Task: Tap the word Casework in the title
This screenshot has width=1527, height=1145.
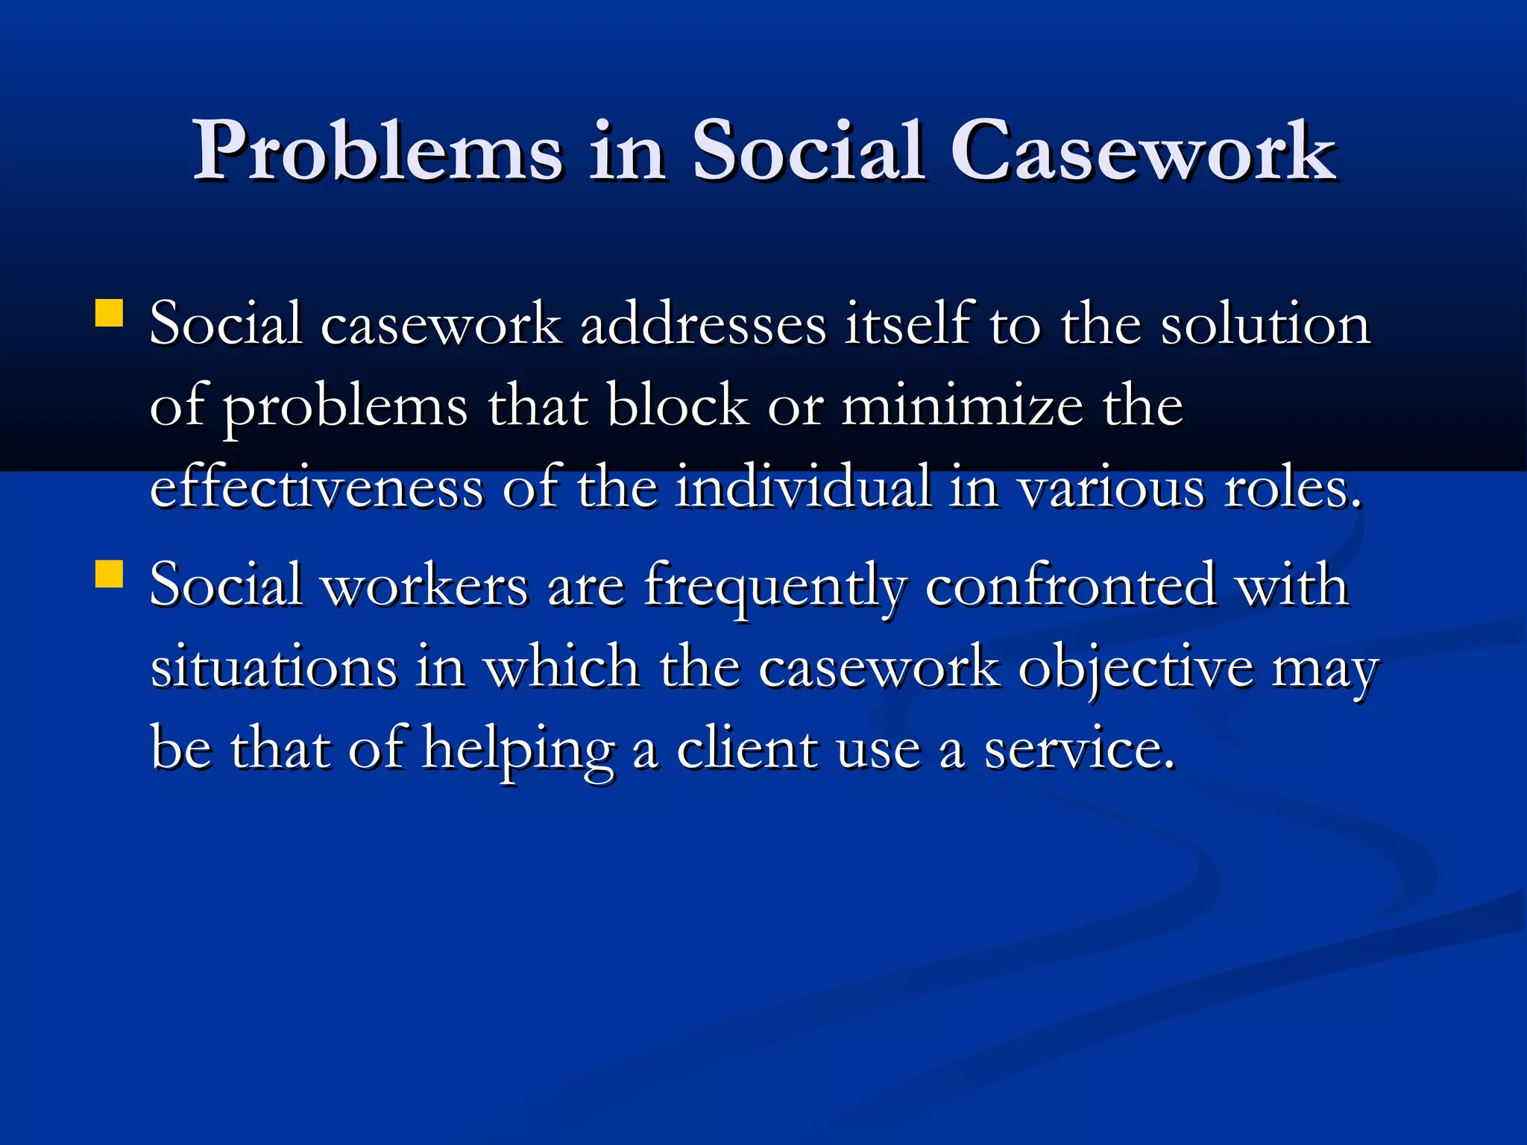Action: pyautogui.click(x=1144, y=151)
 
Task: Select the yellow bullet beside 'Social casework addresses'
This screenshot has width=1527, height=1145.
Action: pyautogui.click(x=109, y=314)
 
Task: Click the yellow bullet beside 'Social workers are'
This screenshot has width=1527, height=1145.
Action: pyautogui.click(x=109, y=575)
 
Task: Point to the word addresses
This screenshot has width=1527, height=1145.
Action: pyautogui.click(x=703, y=325)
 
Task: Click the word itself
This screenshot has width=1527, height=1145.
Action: pyautogui.click(x=907, y=325)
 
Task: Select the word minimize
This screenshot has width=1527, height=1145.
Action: pyautogui.click(x=963, y=407)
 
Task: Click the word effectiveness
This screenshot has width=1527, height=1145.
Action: pyautogui.click(x=317, y=488)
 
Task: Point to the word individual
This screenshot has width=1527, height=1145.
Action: pyautogui.click(x=803, y=488)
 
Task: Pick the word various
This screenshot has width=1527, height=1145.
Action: pyautogui.click(x=1111, y=490)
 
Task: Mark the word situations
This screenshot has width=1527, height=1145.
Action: pyautogui.click(x=274, y=667)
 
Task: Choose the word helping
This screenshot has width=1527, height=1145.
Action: pyautogui.click(x=519, y=750)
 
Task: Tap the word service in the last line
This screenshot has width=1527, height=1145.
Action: pyautogui.click(x=1079, y=750)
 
